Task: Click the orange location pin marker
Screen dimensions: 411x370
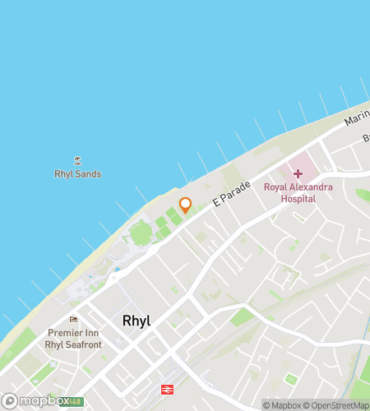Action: coord(186,205)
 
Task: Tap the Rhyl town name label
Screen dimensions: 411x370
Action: coord(136,321)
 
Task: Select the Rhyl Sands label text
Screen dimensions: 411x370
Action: coord(78,174)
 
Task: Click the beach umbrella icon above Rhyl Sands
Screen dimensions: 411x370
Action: coord(78,161)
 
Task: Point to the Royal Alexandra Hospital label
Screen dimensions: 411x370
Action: coord(298,193)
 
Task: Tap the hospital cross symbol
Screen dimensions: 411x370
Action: coord(298,173)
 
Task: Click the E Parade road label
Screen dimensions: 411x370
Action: coord(231,195)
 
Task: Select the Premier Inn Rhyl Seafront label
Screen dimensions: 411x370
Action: coord(75,338)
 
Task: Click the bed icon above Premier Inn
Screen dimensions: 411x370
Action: coord(74,320)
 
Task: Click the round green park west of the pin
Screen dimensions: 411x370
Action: coord(140,234)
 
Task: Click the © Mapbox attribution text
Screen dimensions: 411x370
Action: coord(280,405)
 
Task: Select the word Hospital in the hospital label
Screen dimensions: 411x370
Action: coord(298,198)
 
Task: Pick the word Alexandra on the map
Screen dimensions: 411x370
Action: coord(311,187)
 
